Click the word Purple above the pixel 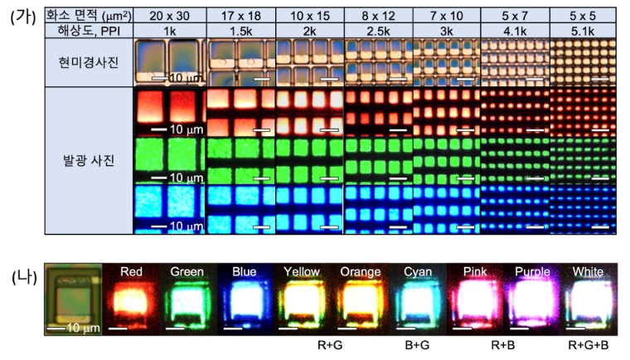[532, 272]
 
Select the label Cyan [417, 272]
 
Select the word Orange [360, 272]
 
